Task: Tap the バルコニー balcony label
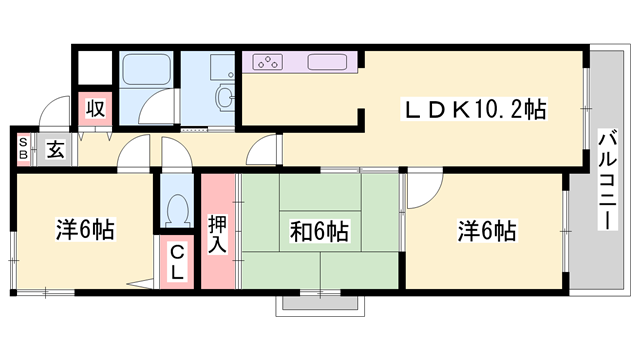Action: (x=606, y=181)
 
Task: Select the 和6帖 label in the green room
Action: (x=320, y=233)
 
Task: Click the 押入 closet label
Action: (x=218, y=233)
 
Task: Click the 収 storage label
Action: (x=97, y=107)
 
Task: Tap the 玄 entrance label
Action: (x=55, y=150)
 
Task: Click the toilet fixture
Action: (x=178, y=210)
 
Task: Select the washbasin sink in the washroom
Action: (x=225, y=97)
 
